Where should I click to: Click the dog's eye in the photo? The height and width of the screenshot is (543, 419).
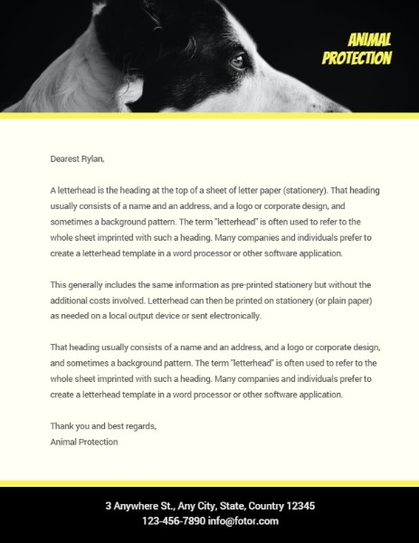(238, 62)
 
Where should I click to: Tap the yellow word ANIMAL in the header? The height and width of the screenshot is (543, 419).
(369, 39)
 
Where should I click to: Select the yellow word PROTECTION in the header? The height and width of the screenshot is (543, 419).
(357, 59)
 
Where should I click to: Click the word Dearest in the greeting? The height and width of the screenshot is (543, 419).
(65, 158)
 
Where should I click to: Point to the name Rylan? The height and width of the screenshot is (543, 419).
(93, 158)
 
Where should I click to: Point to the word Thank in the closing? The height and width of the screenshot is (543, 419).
(62, 426)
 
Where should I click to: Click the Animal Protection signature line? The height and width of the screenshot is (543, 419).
(84, 442)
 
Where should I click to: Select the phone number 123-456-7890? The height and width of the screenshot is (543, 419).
(173, 521)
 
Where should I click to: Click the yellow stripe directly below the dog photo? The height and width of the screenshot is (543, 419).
(209, 116)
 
